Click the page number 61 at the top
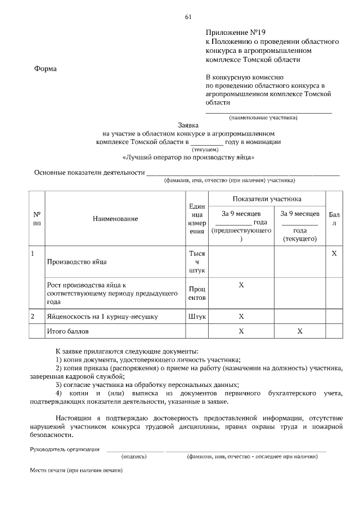coord(188,17)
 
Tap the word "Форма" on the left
coord(46,69)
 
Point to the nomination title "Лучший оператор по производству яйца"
coord(188,158)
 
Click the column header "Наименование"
coord(115,219)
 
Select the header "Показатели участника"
coord(267,199)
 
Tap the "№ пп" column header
coord(37,219)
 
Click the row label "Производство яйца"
coord(77,262)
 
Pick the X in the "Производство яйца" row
coord(334,254)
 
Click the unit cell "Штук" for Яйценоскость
coord(197,317)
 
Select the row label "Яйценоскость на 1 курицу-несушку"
coord(103,317)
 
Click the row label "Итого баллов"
coord(68,331)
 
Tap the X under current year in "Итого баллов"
coord(300,331)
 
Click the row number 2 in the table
coord(33,317)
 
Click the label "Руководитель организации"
coord(65,449)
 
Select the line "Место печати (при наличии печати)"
coord(76,470)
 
